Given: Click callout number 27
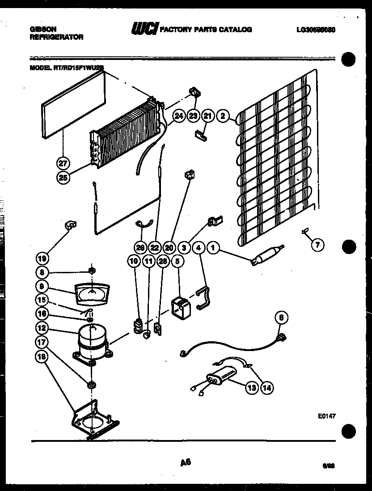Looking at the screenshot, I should [63, 162].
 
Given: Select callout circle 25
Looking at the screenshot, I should [63, 178].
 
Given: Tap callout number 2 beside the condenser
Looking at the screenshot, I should [223, 116].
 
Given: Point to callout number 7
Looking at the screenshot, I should [318, 245].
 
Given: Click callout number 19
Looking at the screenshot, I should [42, 258].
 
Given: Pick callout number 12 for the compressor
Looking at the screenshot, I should [42, 328].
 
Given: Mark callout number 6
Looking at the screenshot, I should [281, 318].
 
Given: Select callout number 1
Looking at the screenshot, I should [214, 247].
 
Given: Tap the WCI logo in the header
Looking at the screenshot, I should [144, 29].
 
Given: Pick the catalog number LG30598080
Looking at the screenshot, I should [316, 30].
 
